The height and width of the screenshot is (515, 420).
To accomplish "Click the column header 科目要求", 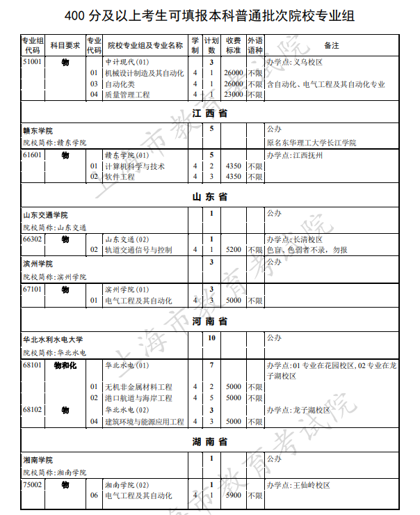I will [65, 46].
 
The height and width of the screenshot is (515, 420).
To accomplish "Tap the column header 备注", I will [332, 46].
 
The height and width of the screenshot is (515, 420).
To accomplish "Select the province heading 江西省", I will [210, 113].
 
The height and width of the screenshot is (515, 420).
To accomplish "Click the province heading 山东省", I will [210, 198].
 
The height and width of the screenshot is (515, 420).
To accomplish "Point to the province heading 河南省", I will [210, 322].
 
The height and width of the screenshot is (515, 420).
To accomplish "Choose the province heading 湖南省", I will [210, 442].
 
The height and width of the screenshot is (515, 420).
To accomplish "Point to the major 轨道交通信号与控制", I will [138, 250].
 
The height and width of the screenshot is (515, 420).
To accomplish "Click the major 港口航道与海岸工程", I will [138, 399].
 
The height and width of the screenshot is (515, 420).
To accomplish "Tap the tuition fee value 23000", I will [234, 95].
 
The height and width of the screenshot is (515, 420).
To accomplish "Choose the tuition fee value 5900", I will [234, 496].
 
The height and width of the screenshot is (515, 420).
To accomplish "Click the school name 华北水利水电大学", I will [53, 340].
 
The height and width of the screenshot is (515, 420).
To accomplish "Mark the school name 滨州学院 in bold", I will [38, 264].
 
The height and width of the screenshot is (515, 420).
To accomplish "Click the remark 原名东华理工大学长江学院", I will [311, 143].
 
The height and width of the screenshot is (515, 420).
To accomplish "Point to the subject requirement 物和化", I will [65, 365].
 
